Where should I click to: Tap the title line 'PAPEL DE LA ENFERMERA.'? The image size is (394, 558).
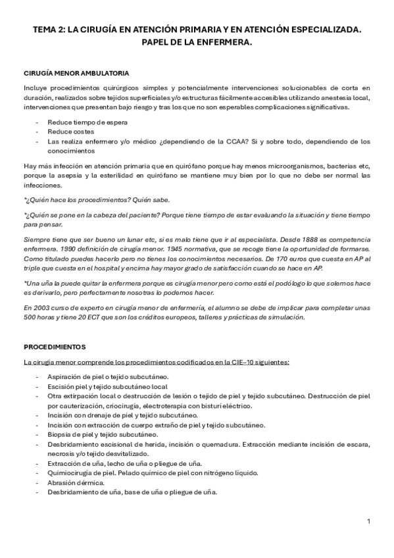pos(197,43)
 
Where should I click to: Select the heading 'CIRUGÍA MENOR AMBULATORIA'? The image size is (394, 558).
pos(76,73)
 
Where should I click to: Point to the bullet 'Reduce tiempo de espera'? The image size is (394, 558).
pos(87,123)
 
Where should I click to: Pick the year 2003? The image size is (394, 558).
pos(39,309)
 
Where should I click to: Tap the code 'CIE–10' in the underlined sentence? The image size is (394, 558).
pos(250,362)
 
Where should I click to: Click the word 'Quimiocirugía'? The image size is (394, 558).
pos(70,472)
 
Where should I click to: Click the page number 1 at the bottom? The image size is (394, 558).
pos(369,522)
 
